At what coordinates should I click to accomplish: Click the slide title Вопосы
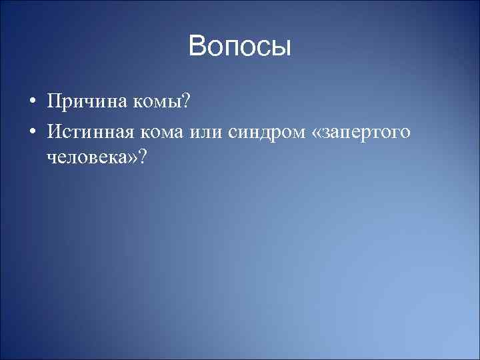coord(240,47)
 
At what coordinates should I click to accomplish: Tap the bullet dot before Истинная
coord(32,133)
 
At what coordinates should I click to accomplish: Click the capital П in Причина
coord(53,103)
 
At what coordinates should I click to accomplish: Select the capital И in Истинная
coord(53,133)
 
